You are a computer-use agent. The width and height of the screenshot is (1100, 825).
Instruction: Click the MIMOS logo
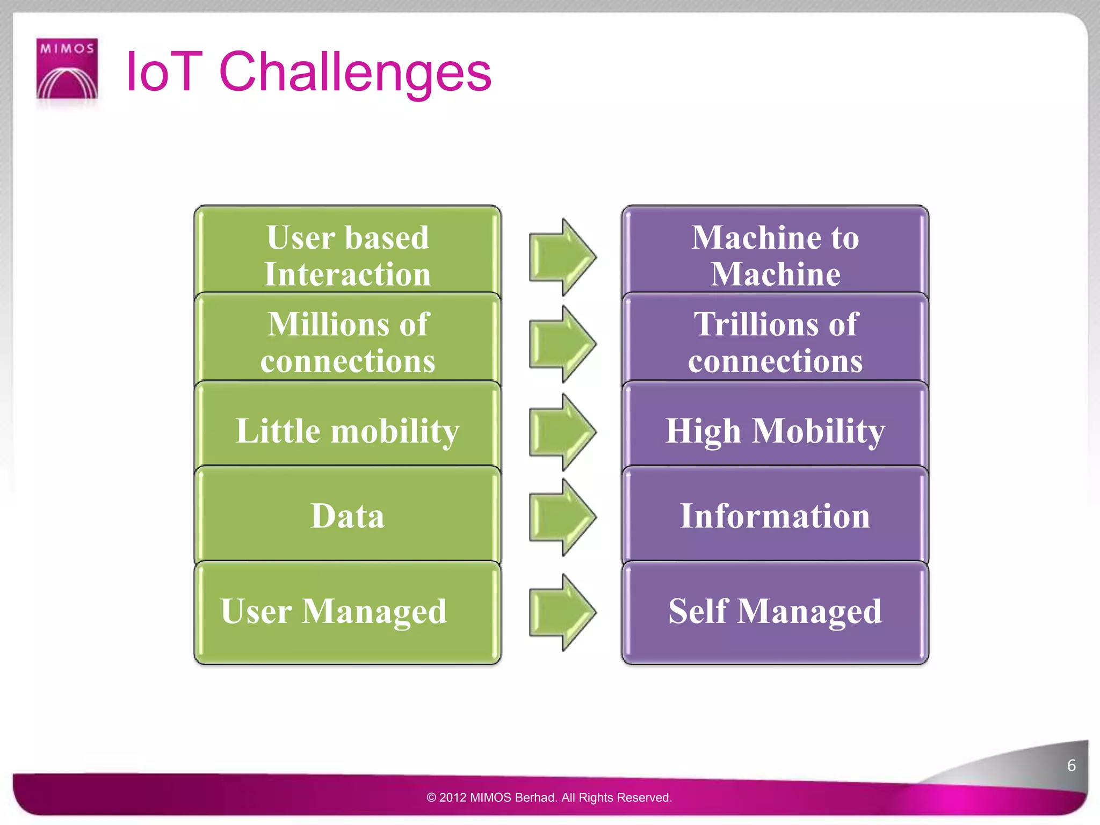[x=67, y=68]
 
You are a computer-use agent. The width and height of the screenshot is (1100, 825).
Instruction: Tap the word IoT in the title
[x=163, y=72]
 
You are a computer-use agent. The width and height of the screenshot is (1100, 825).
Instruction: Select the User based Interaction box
[x=347, y=252]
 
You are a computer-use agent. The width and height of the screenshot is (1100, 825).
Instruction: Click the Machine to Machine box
[x=775, y=252]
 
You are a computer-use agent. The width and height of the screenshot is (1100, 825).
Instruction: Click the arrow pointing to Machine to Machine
[x=561, y=257]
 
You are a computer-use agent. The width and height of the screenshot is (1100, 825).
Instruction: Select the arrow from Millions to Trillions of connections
[x=561, y=344]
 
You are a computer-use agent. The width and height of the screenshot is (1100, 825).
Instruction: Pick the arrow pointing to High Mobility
[x=561, y=431]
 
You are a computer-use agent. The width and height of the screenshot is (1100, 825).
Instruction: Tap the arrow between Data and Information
[x=561, y=517]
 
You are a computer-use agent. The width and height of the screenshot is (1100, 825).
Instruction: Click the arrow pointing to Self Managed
[x=561, y=612]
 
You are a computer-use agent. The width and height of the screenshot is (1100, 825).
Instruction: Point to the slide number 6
[x=1071, y=765]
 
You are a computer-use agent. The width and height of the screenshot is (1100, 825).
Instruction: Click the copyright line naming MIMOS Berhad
[x=549, y=797]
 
